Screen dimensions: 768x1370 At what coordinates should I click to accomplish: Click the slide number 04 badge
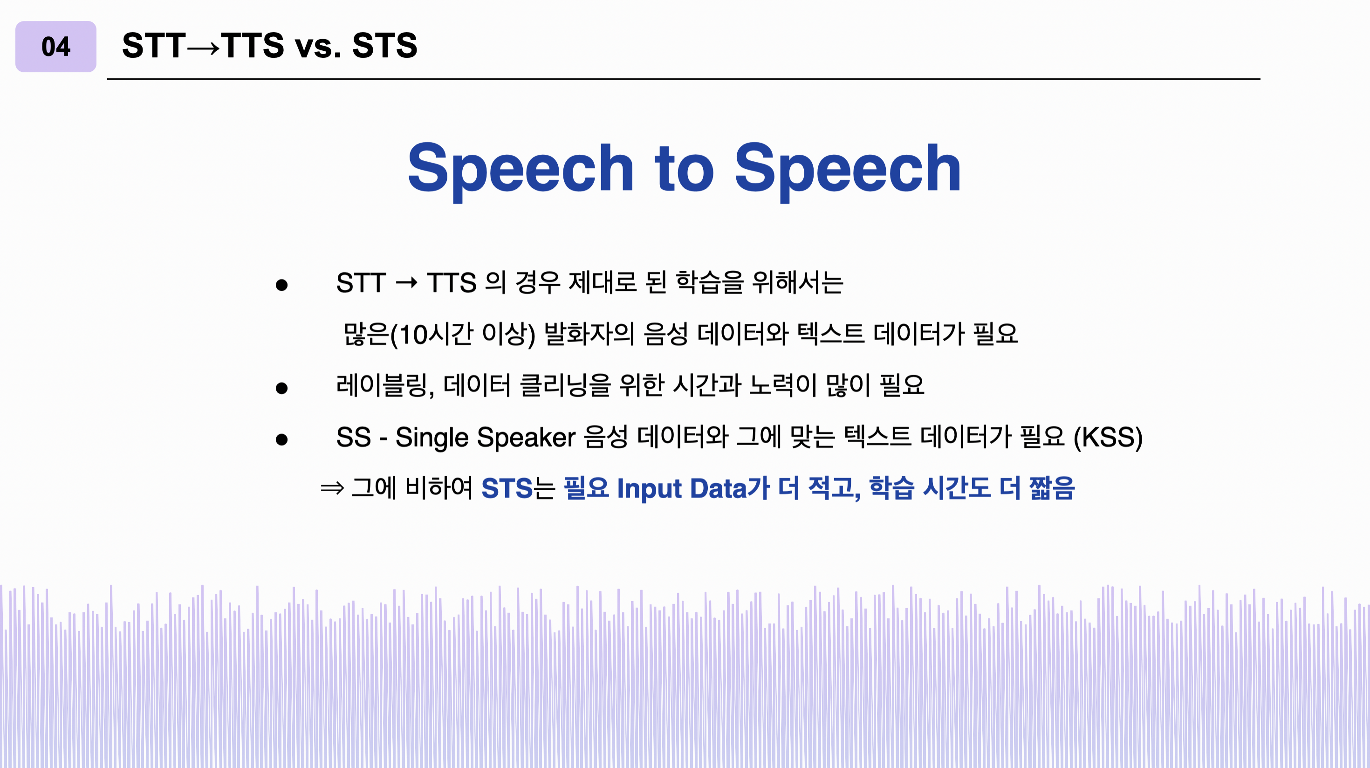pyautogui.click(x=55, y=47)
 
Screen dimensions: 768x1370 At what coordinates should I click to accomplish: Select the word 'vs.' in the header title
pyautogui.click(x=318, y=46)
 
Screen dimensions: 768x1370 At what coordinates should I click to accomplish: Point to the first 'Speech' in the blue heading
pyautogui.click(x=520, y=169)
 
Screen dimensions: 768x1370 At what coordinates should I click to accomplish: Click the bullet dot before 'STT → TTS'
pyautogui.click(x=281, y=286)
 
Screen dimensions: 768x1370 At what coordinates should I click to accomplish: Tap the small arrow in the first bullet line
pyautogui.click(x=406, y=282)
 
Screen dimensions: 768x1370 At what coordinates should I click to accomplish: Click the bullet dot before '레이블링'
pyautogui.click(x=281, y=388)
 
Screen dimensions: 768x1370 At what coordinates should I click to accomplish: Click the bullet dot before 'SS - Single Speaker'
pyautogui.click(x=281, y=439)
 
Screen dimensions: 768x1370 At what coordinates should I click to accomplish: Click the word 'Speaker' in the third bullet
pyautogui.click(x=526, y=438)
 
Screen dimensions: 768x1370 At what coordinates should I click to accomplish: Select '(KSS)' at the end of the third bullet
pyautogui.click(x=1108, y=438)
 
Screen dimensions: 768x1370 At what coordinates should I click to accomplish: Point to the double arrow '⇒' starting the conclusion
pyautogui.click(x=332, y=488)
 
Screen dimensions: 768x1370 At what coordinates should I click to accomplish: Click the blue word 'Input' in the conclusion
pyautogui.click(x=649, y=489)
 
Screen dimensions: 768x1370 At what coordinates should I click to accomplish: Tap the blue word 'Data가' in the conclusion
pyautogui.click(x=730, y=488)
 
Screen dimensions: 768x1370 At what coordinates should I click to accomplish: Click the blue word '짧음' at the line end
pyautogui.click(x=1051, y=488)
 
